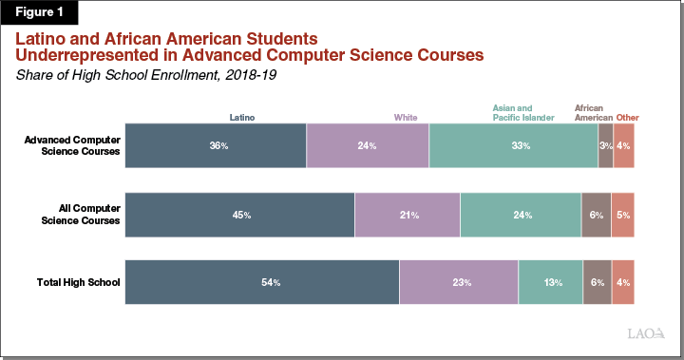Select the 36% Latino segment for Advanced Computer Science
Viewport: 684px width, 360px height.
click(x=216, y=146)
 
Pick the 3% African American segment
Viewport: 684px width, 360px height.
click(x=605, y=146)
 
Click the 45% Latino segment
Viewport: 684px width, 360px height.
click(x=239, y=215)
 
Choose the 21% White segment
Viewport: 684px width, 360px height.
click(x=408, y=215)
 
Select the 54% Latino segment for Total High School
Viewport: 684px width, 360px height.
click(x=261, y=282)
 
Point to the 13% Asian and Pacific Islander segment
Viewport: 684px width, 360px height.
click(x=550, y=282)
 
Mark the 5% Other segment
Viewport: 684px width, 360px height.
click(x=622, y=215)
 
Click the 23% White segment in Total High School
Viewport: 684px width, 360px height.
click(x=459, y=282)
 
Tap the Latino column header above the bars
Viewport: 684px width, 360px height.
click(x=243, y=118)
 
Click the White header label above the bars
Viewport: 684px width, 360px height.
click(x=406, y=118)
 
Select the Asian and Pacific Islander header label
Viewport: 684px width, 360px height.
click(x=523, y=113)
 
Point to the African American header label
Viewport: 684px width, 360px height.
click(x=593, y=113)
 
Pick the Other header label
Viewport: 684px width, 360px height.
click(x=627, y=118)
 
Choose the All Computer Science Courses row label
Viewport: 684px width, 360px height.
click(x=81, y=215)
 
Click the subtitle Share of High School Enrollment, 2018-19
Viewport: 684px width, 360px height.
click(x=142, y=75)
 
